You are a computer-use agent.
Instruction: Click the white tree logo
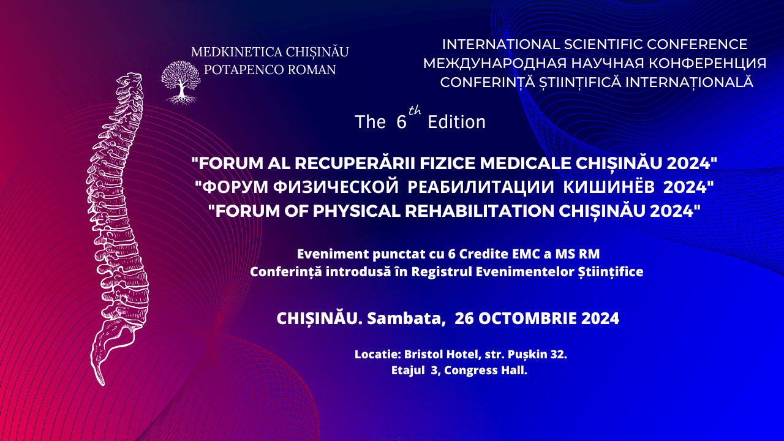pos(181,83)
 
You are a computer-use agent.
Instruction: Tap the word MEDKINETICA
pos(236,52)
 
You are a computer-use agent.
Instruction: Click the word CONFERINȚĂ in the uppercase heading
pos(487,82)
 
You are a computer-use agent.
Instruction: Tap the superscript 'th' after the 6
pos(415,111)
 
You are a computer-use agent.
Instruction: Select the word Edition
pos(456,122)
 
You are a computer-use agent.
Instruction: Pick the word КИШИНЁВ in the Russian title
pos(609,187)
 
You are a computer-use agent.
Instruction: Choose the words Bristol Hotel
pos(441,354)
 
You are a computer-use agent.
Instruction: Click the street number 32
pos(559,354)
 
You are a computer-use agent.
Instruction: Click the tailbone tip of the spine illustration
pos(102,383)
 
